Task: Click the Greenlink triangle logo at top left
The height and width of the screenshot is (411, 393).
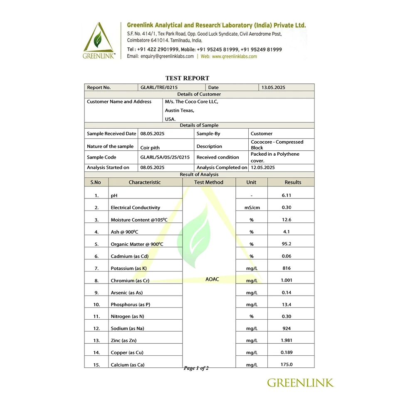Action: pyautogui.click(x=99, y=41)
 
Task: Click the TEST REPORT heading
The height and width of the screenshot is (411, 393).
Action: pyautogui.click(x=187, y=78)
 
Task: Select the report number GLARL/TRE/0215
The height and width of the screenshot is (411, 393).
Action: pyautogui.click(x=159, y=88)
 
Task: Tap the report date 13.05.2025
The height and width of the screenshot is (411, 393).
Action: pyautogui.click(x=273, y=88)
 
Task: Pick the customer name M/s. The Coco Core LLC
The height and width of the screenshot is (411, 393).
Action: pyautogui.click(x=191, y=102)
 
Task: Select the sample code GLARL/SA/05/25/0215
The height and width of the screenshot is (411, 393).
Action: pyautogui.click(x=165, y=157)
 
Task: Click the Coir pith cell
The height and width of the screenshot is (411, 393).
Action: pyautogui.click(x=150, y=147)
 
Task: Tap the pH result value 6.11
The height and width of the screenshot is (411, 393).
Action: pyautogui.click(x=287, y=195)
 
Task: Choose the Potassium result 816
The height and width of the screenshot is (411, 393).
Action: pyautogui.click(x=287, y=268)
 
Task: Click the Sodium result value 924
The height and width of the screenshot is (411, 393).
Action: pyautogui.click(x=287, y=328)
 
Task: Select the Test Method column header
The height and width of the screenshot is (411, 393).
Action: pyautogui.click(x=209, y=182)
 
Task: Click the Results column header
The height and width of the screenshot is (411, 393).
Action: pyautogui.click(x=293, y=182)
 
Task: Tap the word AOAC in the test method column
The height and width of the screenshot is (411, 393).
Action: pyautogui.click(x=212, y=279)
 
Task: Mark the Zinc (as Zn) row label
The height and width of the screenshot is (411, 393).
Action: pyautogui.click(x=124, y=341)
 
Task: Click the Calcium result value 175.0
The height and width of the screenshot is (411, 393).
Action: pyautogui.click(x=287, y=365)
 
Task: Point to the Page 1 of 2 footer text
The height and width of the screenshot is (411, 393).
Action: pyautogui.click(x=196, y=368)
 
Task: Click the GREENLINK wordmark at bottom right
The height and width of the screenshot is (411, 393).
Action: pyautogui.click(x=300, y=382)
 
